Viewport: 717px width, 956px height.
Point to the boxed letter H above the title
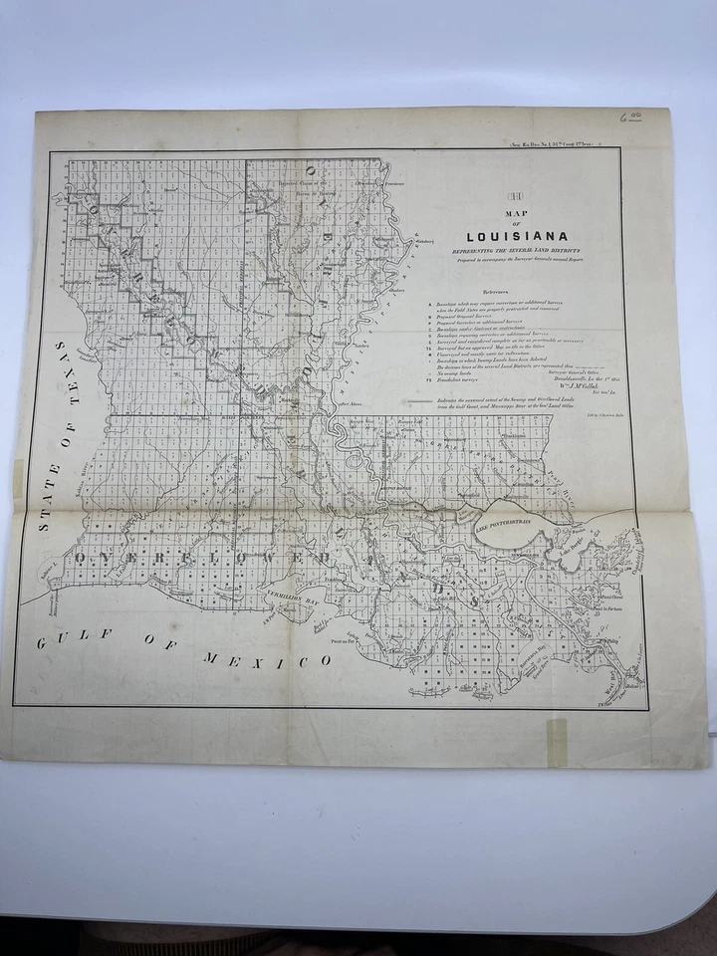[x=517, y=196]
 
